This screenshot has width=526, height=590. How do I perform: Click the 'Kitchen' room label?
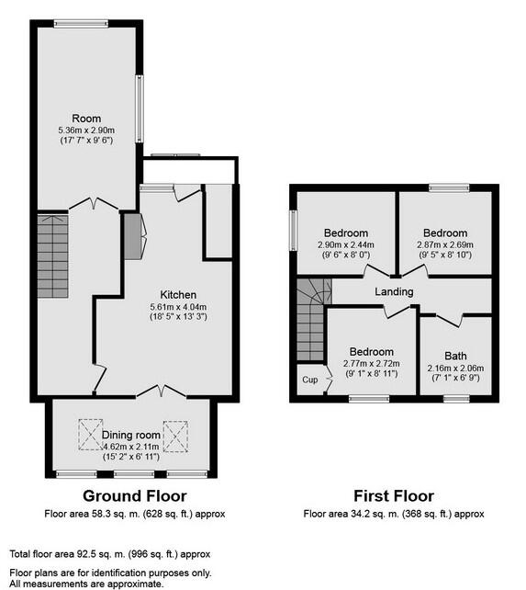click(178, 294)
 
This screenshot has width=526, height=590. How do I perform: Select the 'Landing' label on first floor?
click(394, 291)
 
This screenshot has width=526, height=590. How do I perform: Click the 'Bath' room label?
click(455, 356)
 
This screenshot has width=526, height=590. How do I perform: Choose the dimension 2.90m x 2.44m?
click(344, 244)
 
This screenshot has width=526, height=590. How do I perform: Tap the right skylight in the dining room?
click(174, 432)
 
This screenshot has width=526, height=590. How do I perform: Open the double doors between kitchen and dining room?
click(161, 391)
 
